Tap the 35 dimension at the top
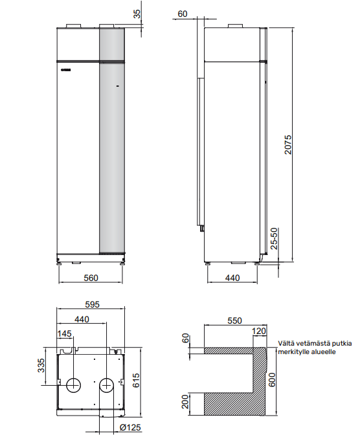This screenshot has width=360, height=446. (137, 14)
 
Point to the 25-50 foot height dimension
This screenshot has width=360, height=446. (275, 239)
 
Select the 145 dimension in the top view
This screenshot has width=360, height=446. (65, 333)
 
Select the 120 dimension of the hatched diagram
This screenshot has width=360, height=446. (260, 331)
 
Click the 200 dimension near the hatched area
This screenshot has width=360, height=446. (186, 403)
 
